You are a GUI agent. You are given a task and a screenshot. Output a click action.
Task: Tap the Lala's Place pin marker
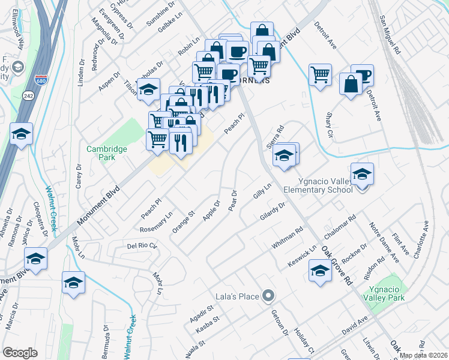[269, 296]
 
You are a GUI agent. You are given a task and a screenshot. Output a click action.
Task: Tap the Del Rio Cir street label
[142, 246]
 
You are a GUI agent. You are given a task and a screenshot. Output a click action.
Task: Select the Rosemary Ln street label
[156, 221]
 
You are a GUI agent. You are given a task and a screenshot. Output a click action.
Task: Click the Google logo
[20, 353]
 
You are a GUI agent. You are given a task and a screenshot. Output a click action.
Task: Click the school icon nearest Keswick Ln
[320, 272]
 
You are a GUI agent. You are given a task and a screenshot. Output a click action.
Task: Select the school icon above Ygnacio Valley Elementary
[362, 175]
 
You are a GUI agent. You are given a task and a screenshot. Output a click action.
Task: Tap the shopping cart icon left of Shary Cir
[321, 75]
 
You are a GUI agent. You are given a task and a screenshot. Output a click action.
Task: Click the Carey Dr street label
[79, 176]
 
